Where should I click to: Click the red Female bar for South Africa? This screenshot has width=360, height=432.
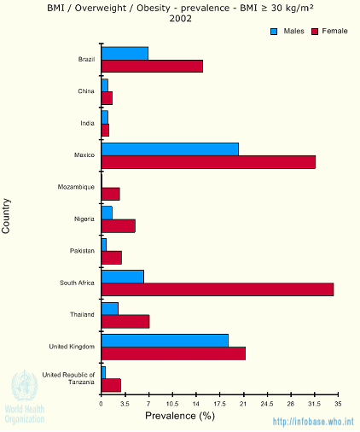[x=218, y=289]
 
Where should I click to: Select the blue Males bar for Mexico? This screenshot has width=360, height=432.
[x=170, y=149]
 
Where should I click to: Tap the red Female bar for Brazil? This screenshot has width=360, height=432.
[x=152, y=66]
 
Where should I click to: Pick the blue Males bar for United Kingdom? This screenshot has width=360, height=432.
[x=165, y=341]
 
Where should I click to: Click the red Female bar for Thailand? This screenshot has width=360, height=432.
[x=125, y=322]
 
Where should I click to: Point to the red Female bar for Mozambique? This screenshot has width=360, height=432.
[x=111, y=194]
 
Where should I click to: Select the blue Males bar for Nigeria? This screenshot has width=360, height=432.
[x=107, y=213]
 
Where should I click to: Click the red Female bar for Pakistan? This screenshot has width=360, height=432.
[x=112, y=258]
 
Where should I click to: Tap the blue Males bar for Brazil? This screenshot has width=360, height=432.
[x=125, y=54]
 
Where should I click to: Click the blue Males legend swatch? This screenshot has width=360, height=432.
[x=274, y=32]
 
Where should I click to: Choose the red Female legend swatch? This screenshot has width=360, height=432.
[x=315, y=32]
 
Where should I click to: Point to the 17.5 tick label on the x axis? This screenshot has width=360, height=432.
[x=219, y=404]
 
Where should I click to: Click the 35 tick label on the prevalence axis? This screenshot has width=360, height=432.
[x=338, y=404]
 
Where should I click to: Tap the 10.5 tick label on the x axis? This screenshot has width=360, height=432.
[x=172, y=404]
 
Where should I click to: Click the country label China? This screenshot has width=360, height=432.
[x=86, y=91]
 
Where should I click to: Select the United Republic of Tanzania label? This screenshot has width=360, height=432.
[x=68, y=378]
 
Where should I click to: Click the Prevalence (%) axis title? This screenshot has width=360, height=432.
[x=180, y=416]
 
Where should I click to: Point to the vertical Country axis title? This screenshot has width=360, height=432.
[x=6, y=216]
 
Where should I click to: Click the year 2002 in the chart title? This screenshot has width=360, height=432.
[x=181, y=19]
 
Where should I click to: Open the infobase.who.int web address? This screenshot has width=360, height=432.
[x=313, y=422]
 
